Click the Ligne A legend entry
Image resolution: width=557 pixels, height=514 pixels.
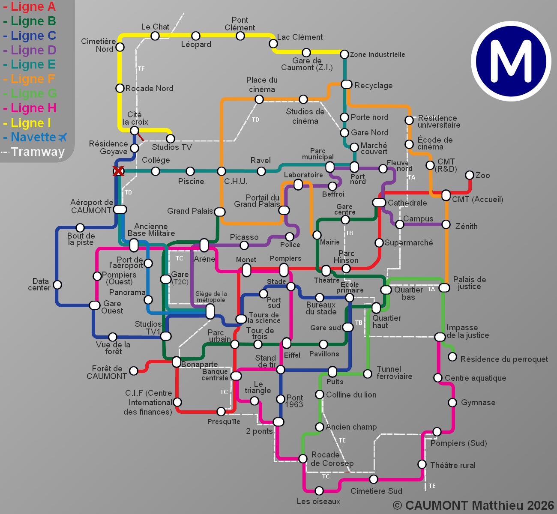[29, 7]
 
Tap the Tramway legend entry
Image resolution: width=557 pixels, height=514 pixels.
[34, 152]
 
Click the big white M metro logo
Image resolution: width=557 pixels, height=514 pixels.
[511, 61]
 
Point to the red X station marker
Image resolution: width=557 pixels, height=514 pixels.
[118, 171]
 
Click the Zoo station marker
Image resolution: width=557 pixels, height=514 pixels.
[470, 175]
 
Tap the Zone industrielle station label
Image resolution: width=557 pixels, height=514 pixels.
[377, 54]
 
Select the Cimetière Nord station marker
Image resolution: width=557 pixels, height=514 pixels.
[120, 47]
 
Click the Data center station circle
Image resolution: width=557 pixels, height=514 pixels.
[57, 284]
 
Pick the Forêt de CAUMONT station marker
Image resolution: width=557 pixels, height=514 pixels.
[134, 371]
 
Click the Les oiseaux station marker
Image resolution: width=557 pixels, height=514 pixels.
[319, 490]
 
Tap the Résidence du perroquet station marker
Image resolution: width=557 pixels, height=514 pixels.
[452, 357]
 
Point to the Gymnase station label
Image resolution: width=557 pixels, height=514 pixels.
[478, 403]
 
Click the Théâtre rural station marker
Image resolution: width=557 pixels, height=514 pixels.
[422, 464]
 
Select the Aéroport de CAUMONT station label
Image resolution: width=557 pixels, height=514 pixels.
[91, 206]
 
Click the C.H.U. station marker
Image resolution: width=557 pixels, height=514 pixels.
[221, 171]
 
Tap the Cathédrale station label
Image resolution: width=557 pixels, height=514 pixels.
[407, 203]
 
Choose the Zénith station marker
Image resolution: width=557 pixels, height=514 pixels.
[446, 224]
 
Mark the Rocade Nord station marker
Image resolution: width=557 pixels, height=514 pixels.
[120, 88]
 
